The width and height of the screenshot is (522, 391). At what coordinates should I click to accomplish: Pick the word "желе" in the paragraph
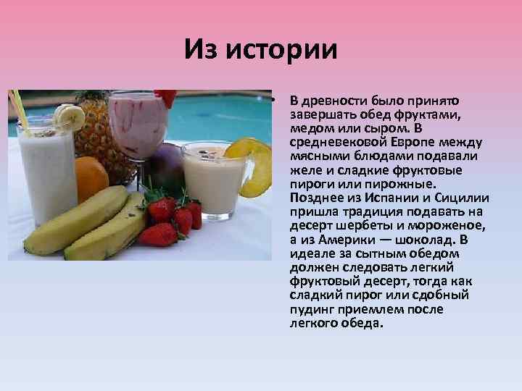304,170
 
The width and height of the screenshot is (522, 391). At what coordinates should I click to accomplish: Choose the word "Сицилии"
463,198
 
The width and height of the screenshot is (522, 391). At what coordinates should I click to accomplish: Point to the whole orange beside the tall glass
90,178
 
